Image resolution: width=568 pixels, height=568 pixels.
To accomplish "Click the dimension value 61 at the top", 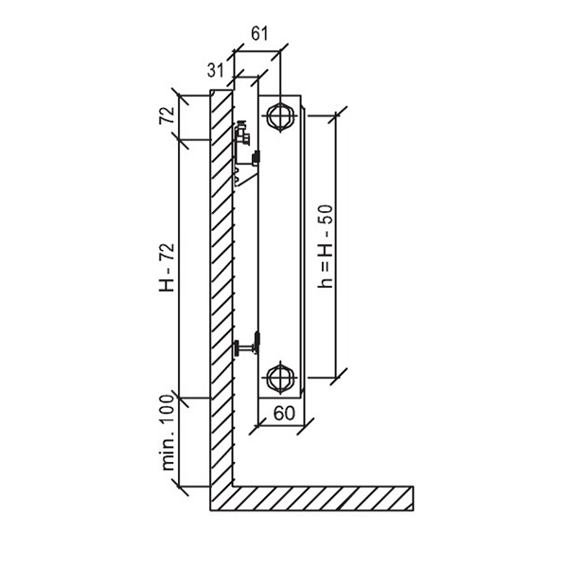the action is [259, 33].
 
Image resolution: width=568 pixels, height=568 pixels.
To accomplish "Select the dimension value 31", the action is [215, 70].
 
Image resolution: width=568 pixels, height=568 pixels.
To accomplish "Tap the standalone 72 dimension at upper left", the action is [167, 115].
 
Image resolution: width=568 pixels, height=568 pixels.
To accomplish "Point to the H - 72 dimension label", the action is [167, 267].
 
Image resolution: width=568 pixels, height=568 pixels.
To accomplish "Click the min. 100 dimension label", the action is [168, 433].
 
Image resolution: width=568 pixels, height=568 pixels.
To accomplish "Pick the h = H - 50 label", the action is [325, 246].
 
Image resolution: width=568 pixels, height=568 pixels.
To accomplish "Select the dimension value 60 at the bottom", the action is [284, 413].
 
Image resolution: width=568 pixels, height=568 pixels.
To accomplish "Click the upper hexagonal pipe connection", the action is [281, 115].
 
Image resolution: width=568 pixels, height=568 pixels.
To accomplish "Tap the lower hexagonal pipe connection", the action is [281, 378].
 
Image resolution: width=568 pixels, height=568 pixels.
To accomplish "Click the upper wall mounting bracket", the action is [246, 152].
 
